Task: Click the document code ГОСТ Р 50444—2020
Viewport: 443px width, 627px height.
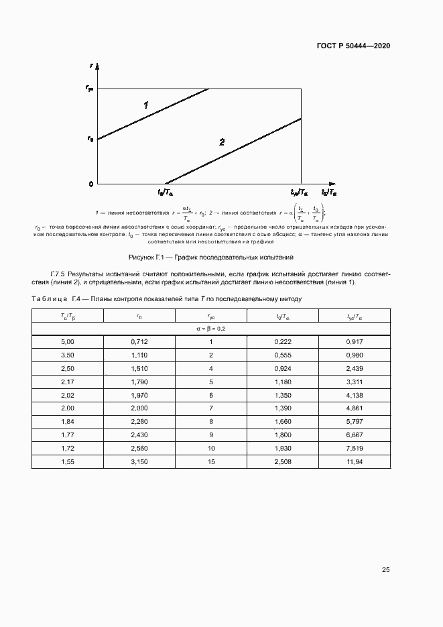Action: point(353,46)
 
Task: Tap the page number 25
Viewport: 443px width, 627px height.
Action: point(385,569)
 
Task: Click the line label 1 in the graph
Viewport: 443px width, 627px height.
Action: point(145,105)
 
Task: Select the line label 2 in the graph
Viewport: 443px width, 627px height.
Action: point(221,141)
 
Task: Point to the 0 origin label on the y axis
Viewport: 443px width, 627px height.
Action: point(91,183)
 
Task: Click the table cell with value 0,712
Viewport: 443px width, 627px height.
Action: point(139,342)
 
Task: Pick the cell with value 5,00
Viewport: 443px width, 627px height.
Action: point(68,342)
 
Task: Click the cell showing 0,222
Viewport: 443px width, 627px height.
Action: point(282,342)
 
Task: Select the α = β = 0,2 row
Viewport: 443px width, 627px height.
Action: point(210,329)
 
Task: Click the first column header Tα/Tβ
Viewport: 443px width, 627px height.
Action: point(68,316)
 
